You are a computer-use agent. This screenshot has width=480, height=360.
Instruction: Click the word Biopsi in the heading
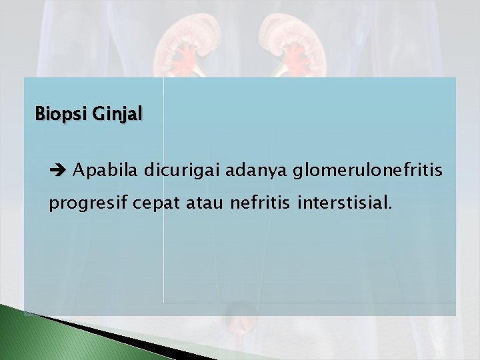tap(54, 113)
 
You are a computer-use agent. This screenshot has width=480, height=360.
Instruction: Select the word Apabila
tap(102, 171)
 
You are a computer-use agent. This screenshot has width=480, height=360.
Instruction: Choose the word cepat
tap(153, 203)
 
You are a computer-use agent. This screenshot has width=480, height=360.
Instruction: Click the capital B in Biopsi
tap(39, 113)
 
